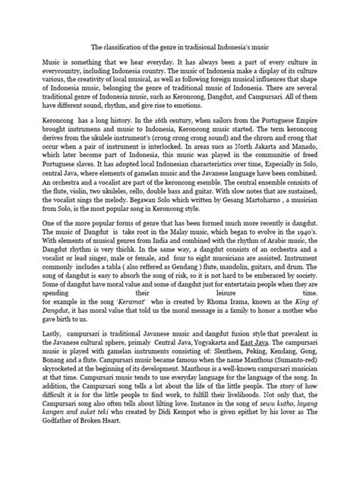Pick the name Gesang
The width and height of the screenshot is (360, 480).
pos(265,201)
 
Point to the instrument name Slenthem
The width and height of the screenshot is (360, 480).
pos(237,351)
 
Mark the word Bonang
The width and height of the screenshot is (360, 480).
pos(36,359)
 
